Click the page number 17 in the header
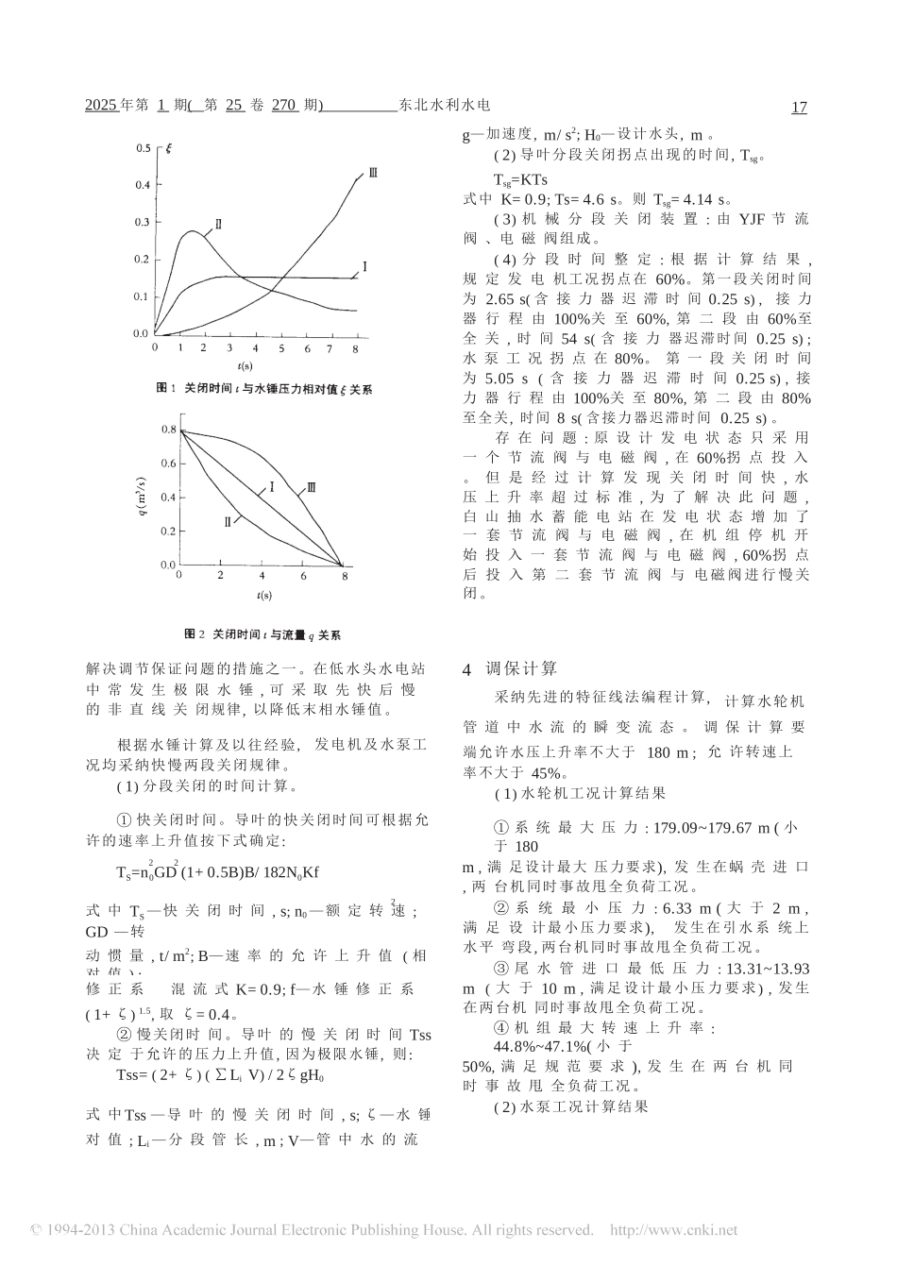click(799, 108)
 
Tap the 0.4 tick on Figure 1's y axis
click(142, 185)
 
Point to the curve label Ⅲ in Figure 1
click(373, 174)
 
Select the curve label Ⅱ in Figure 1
click(218, 224)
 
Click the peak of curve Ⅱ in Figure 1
click(193, 230)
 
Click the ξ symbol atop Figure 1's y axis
click(168, 147)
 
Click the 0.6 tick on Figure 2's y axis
click(167, 464)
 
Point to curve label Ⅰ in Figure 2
click(271, 487)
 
